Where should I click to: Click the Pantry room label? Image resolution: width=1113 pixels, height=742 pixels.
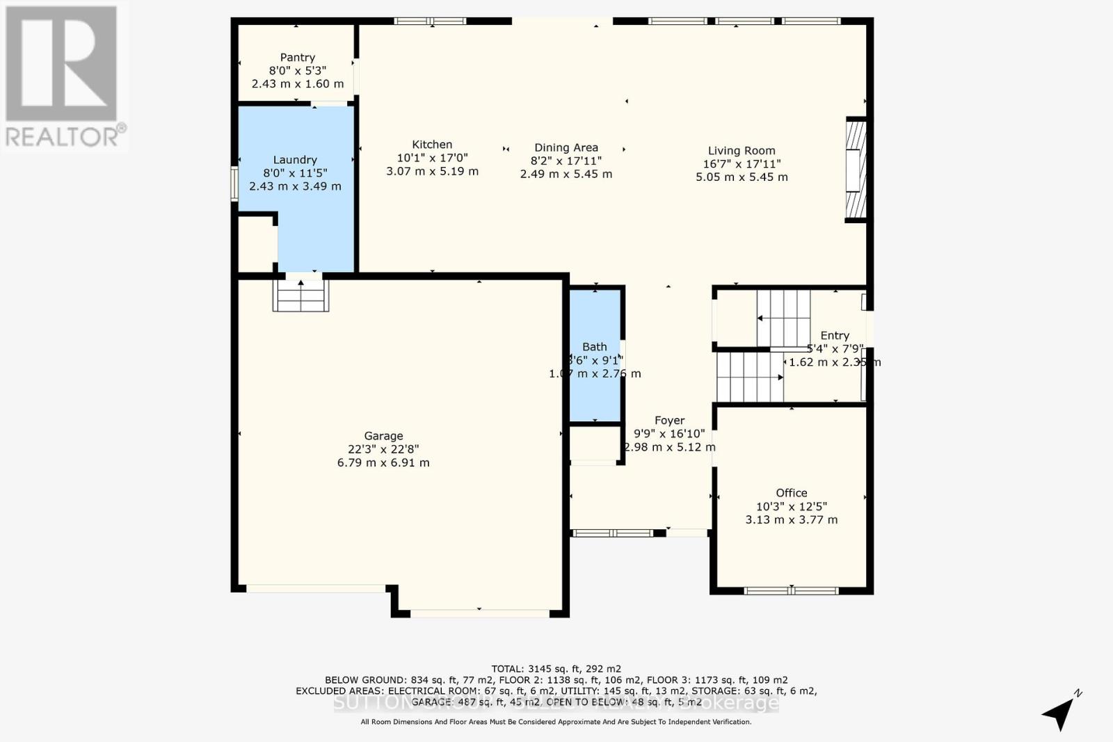[x=298, y=58]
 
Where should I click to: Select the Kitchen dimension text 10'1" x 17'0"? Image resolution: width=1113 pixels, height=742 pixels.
[x=432, y=158]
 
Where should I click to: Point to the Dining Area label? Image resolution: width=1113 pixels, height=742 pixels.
[x=566, y=147]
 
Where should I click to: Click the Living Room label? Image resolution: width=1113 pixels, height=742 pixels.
[x=741, y=151]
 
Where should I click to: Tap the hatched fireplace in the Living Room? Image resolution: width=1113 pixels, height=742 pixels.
[x=856, y=170]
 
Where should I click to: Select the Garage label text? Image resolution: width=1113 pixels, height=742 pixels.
[x=383, y=436]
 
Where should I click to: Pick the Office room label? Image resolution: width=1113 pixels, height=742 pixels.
[x=792, y=493]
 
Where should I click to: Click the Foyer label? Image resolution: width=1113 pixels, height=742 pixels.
[x=669, y=421]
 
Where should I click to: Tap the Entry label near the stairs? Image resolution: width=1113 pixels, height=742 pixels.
[x=835, y=336]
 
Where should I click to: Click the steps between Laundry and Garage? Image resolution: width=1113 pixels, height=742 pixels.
[x=301, y=295]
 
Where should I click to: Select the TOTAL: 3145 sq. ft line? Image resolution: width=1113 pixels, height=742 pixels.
[x=556, y=669]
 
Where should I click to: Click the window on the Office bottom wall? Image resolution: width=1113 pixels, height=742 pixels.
[x=791, y=591]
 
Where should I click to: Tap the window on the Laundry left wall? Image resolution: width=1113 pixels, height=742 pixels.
[x=234, y=184]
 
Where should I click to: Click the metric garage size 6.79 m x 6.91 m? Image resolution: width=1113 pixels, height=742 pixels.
[x=383, y=462]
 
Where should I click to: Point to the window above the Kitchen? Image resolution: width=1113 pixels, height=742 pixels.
[x=430, y=21]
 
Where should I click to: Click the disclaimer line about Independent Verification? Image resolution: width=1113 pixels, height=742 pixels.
[x=556, y=722]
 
